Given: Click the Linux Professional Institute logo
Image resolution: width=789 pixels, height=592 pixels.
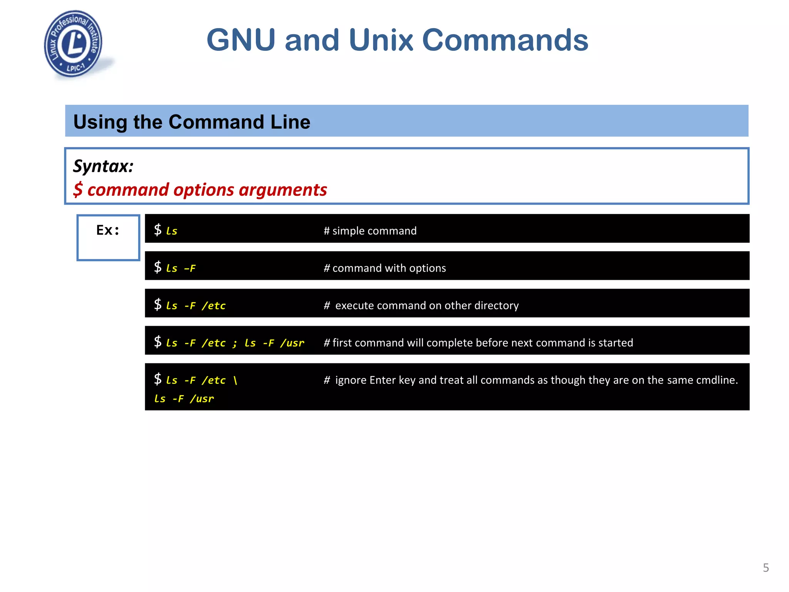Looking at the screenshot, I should pyautogui.click(x=73, y=44).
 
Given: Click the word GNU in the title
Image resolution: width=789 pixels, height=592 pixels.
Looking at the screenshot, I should pyautogui.click(x=241, y=40).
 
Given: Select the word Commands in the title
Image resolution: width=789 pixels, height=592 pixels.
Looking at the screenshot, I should pyautogui.click(x=505, y=40).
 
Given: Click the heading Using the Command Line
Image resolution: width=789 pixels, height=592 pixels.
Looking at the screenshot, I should pyautogui.click(x=191, y=122).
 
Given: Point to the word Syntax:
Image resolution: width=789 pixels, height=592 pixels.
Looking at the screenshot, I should pyautogui.click(x=103, y=166).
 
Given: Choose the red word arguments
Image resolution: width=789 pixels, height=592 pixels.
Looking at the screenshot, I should pyautogui.click(x=283, y=190).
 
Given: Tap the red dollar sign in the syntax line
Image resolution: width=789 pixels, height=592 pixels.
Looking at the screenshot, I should pyautogui.click(x=78, y=190).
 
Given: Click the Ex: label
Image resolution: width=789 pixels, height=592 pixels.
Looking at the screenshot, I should pyautogui.click(x=107, y=230).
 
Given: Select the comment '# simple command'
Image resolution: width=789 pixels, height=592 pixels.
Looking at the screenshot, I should pyautogui.click(x=370, y=231).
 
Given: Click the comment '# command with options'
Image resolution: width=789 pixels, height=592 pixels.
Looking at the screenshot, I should pyautogui.click(x=384, y=268).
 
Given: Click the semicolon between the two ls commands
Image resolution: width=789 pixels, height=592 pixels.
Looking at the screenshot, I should pyautogui.click(x=235, y=343).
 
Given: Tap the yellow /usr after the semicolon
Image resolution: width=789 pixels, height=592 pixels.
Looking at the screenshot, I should pyautogui.click(x=292, y=343).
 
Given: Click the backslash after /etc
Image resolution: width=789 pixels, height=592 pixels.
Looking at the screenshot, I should pyautogui.click(x=235, y=380).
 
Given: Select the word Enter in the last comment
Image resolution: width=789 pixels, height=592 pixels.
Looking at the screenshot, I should pyautogui.click(x=382, y=380).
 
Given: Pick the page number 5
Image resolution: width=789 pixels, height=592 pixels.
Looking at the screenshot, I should pyautogui.click(x=766, y=568).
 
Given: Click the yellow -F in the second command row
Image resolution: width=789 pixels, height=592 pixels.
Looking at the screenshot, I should pyautogui.click(x=190, y=268).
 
